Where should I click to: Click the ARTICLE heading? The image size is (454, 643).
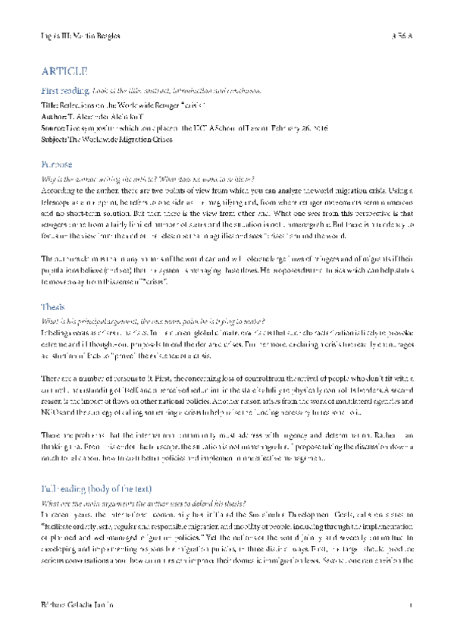tap(64, 71)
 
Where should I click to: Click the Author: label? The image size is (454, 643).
tap(52, 118)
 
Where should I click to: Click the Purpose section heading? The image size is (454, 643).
tap(57, 164)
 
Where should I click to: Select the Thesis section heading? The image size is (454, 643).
tap(53, 307)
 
